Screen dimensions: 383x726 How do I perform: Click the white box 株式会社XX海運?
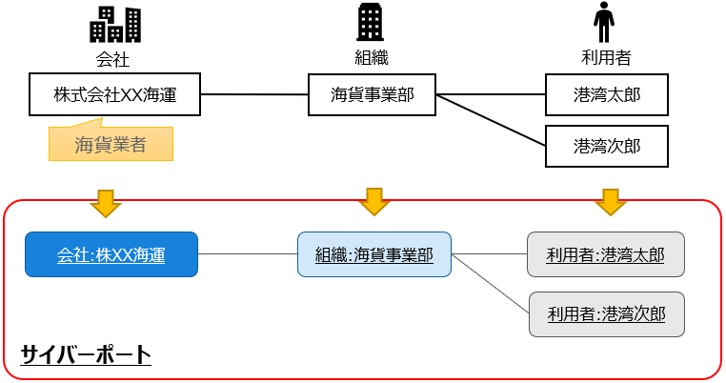114,94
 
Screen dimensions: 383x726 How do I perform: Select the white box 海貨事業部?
372,94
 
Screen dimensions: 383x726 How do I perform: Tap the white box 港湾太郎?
606,94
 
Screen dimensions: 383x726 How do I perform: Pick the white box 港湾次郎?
606,146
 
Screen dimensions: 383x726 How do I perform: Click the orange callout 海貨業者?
111,145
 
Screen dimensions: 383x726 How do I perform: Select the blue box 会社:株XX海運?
111,254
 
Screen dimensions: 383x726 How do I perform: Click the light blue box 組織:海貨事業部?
373,254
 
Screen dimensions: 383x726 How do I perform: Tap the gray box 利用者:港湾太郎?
606,254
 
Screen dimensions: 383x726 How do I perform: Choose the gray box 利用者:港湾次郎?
607,313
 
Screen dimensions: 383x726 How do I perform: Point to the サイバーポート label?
86,355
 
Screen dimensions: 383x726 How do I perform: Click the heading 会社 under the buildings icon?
112,58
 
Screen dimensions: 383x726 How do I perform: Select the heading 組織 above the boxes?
372,58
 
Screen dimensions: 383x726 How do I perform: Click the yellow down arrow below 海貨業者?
106,201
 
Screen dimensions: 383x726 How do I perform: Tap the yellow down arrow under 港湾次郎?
609,201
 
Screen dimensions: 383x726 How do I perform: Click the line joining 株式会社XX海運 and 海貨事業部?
254,94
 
